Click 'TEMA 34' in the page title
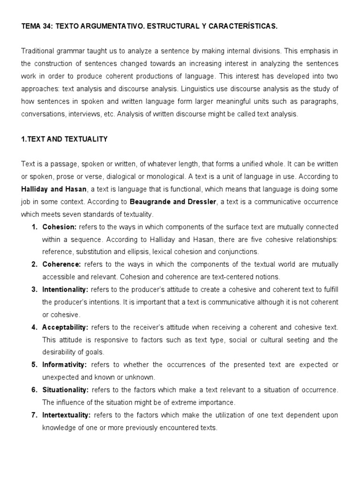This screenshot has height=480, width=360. (x=37, y=27)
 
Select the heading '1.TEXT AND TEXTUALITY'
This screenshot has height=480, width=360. (x=64, y=139)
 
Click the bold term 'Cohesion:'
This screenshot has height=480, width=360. (x=60, y=227)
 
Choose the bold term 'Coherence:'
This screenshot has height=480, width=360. (x=61, y=264)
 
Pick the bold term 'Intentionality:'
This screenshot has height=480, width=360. (x=66, y=289)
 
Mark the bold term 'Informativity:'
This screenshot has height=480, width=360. (x=65, y=365)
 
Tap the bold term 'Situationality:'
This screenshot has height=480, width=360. (x=66, y=390)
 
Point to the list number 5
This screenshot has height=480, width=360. (x=34, y=365)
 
